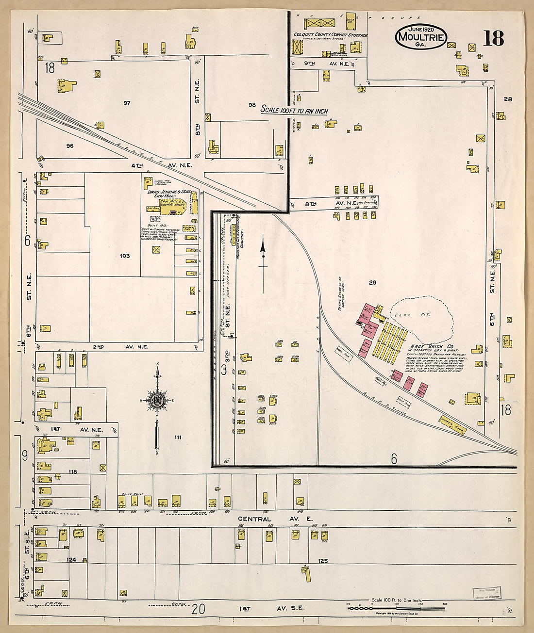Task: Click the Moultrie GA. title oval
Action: click(420, 36)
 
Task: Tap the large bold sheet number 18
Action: click(493, 38)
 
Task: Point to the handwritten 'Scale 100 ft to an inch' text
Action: click(294, 110)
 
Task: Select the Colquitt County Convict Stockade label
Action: click(330, 35)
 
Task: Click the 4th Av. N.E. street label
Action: click(162, 165)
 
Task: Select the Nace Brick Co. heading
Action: click(425, 347)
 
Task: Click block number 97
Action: click(127, 103)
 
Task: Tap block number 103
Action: click(125, 256)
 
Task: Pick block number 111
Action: click(178, 437)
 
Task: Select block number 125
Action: click(323, 561)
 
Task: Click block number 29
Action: click(372, 282)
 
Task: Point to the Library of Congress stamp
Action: click(487, 593)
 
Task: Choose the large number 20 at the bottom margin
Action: click(198, 609)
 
